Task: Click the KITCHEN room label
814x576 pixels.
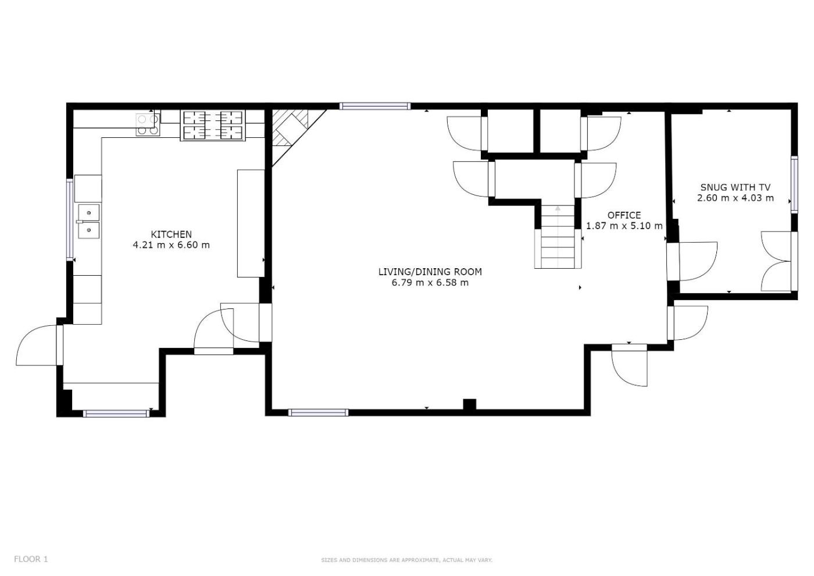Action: coord(171,234)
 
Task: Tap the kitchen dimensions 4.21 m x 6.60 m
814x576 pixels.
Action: coord(171,245)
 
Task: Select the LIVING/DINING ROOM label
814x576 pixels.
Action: coord(430,272)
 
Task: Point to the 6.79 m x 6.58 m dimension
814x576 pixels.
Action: coord(430,283)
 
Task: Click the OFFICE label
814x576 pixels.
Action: coord(624,215)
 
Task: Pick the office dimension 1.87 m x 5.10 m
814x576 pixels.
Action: coord(624,226)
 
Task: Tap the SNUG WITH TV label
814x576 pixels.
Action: coord(736,187)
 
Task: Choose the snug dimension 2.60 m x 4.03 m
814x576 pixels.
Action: coord(736,198)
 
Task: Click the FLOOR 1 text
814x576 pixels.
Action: coord(31,559)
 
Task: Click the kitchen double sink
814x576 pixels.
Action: coord(88,221)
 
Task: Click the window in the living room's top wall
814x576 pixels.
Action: coord(375,106)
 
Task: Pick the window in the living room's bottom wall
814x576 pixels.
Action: coord(319,413)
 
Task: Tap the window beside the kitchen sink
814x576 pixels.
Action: coord(70,220)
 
